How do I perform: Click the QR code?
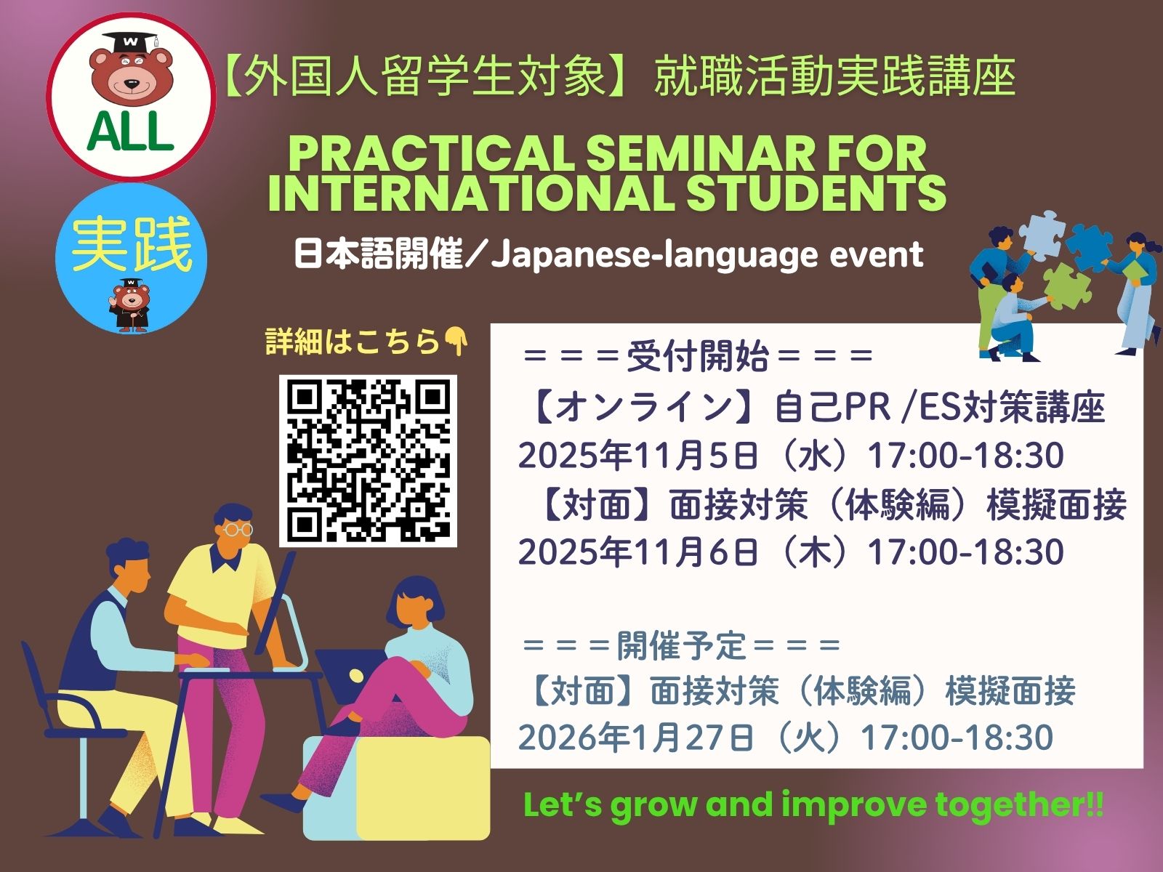pyautogui.click(x=369, y=461)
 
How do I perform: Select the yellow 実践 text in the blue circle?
pyautogui.click(x=132, y=245)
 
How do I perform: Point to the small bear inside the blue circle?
pyautogui.click(x=129, y=305)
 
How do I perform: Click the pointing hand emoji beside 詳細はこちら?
pyautogui.click(x=456, y=342)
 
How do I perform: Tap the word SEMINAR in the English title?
pyautogui.click(x=704, y=154)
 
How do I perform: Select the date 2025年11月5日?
pyautogui.click(x=638, y=456)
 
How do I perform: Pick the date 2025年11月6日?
pyautogui.click(x=638, y=552)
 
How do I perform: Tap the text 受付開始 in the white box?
pyautogui.click(x=698, y=357)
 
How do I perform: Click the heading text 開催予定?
pyautogui.click(x=682, y=647)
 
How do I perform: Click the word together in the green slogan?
pyautogui.click(x=1011, y=805)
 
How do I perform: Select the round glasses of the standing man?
pyautogui.click(x=238, y=529)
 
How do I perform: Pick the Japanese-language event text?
pyautogui.click(x=708, y=255)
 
